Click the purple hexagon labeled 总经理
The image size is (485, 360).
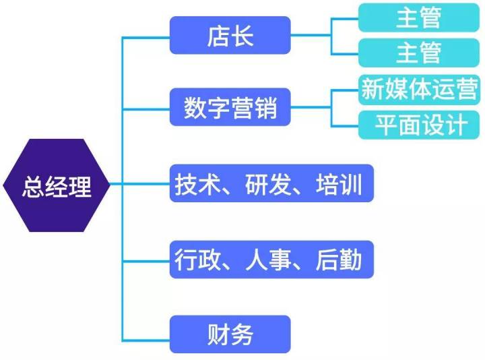[x=57, y=185]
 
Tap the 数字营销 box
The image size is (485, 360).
[x=230, y=107]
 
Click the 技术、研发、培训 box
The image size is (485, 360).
[x=271, y=183]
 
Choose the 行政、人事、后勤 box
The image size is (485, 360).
[x=271, y=258]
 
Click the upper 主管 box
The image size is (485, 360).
[x=418, y=18]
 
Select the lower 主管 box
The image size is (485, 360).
[x=418, y=52]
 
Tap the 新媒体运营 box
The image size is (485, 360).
[x=418, y=89]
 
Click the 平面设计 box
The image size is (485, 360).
[x=418, y=125]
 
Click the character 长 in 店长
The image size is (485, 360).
[x=243, y=36]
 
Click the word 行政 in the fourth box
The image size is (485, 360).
[x=197, y=258]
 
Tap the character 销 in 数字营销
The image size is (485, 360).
[x=266, y=108]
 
